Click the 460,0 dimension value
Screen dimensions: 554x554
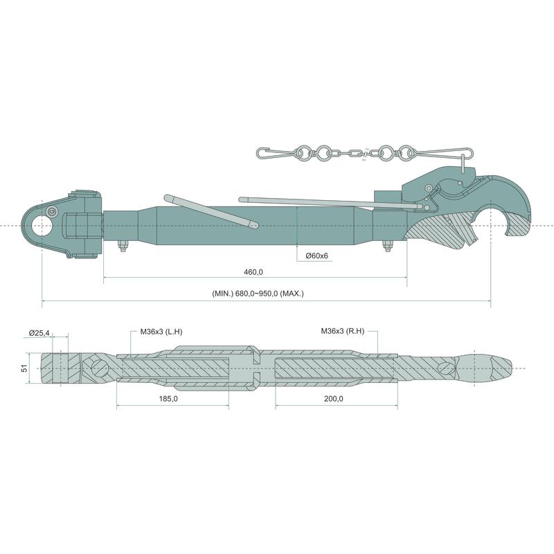[253, 272]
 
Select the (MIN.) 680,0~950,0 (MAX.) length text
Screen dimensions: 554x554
[258, 293]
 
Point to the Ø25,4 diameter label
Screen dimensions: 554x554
[39, 332]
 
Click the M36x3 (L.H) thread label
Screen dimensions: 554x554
[161, 332]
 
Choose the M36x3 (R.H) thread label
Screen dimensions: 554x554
[342, 331]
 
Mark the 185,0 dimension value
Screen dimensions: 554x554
[168, 399]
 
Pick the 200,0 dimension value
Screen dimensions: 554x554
[334, 399]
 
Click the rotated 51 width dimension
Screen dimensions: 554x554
[24, 368]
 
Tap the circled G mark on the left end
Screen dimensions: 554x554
[51, 211]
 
